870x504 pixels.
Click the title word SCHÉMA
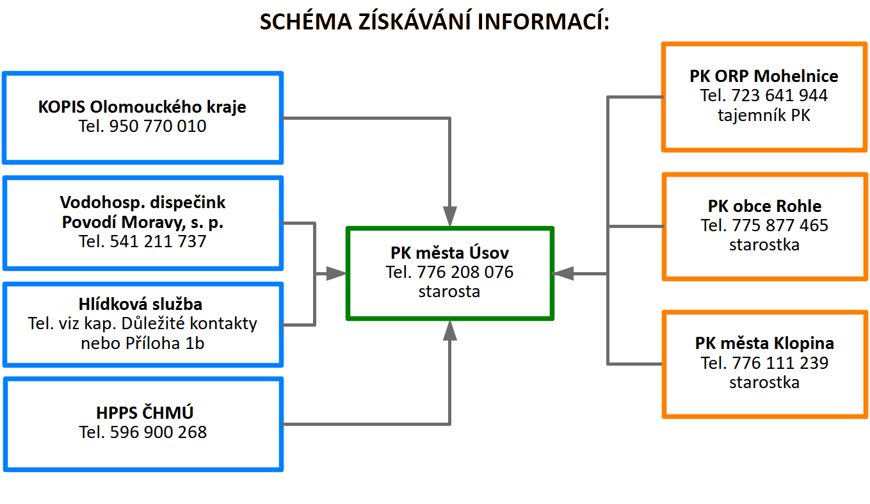coord(305,21)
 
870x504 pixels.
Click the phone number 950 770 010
coord(157,126)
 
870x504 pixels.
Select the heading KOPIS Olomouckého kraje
coord(142,107)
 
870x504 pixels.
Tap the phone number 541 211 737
coord(158,241)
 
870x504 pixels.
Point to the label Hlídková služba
coord(140,304)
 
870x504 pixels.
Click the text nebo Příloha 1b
coord(143,343)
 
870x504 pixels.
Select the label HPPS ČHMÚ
coord(145,412)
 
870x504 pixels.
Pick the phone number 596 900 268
coord(159,432)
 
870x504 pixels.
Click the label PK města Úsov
coord(450,252)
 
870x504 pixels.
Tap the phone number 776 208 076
coord(465,272)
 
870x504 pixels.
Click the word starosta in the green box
coord(449,291)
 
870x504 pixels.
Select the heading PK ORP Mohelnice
coord(764,76)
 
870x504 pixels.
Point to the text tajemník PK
coord(764,115)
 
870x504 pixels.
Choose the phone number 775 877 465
coord(780,225)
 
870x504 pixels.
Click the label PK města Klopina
coord(765,343)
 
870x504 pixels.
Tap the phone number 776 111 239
coord(780,363)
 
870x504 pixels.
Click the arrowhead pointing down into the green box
coord(450,216)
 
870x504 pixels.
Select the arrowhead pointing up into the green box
coord(450,330)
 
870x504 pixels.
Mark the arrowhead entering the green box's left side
coord(336,273)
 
